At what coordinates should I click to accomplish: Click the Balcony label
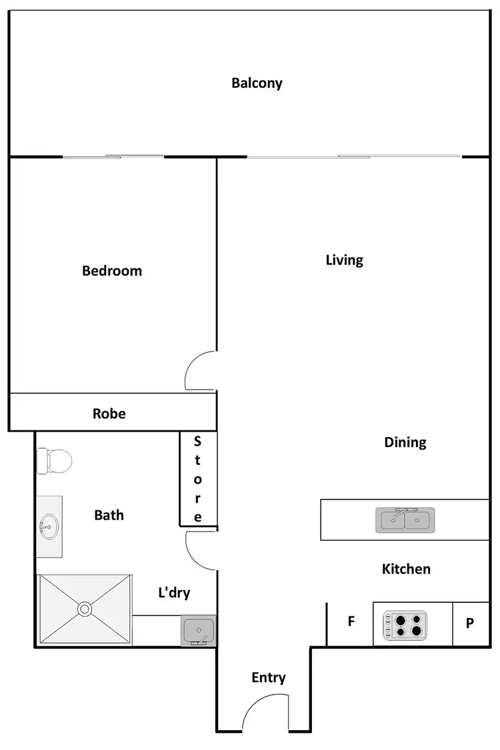point(257,83)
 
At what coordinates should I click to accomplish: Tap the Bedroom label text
point(112,271)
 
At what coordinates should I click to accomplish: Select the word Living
point(344,260)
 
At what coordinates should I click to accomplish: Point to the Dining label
point(405,442)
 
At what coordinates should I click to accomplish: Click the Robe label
point(109,414)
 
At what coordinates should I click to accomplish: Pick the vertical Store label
point(197,479)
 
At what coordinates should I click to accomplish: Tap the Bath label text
point(109,515)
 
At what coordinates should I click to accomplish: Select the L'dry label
point(174,592)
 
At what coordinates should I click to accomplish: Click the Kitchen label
point(406,569)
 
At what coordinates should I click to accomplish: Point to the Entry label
point(269,677)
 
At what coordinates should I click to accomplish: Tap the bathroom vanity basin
point(49,527)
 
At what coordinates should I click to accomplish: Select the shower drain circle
point(85,609)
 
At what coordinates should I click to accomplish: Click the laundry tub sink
point(198,630)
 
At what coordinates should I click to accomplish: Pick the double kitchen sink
point(405,519)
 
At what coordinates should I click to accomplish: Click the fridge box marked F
point(350,623)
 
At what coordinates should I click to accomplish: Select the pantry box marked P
point(470,623)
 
